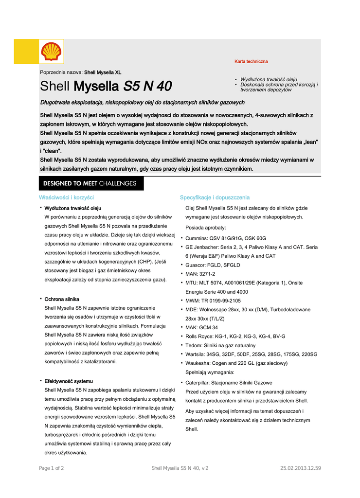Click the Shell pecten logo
(x=51, y=52)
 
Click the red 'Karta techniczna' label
(x=251, y=62)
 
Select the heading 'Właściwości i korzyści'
(x=66, y=197)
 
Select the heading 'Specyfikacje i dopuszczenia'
(x=215, y=197)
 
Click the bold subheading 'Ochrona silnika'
(x=62, y=299)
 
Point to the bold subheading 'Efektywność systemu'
(x=69, y=381)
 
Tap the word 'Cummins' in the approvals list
(x=196, y=238)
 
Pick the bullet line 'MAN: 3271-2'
(x=200, y=274)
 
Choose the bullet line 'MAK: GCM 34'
(x=201, y=327)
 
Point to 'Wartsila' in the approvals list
(x=195, y=354)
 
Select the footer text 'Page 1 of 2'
(x=51, y=468)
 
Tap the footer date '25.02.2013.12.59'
(x=301, y=468)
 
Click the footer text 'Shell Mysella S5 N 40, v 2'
(x=180, y=468)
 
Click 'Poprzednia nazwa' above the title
(x=61, y=72)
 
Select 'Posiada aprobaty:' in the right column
(x=205, y=228)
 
